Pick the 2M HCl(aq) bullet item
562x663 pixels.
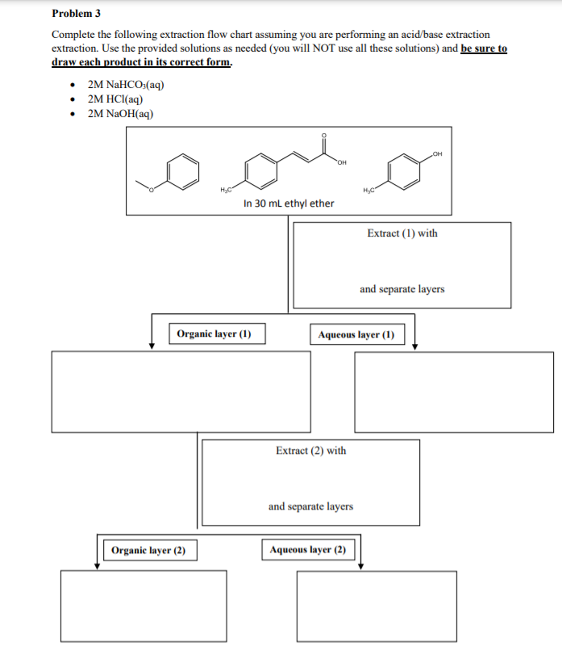click(x=116, y=99)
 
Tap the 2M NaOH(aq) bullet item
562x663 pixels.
click(x=120, y=113)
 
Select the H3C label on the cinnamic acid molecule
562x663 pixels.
click(x=226, y=190)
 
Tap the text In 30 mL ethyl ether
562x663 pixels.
click(x=288, y=203)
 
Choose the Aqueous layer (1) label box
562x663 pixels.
click(x=356, y=334)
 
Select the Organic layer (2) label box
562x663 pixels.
click(x=148, y=551)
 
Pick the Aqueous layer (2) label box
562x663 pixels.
click(x=308, y=550)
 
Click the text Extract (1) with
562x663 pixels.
click(x=402, y=233)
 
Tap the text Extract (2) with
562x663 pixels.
click(x=310, y=451)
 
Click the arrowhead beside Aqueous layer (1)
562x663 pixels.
click(x=414, y=346)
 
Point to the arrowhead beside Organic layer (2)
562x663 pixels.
click(x=97, y=564)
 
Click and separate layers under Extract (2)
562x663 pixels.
click(x=310, y=506)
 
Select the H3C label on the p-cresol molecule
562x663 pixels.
click(x=370, y=190)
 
